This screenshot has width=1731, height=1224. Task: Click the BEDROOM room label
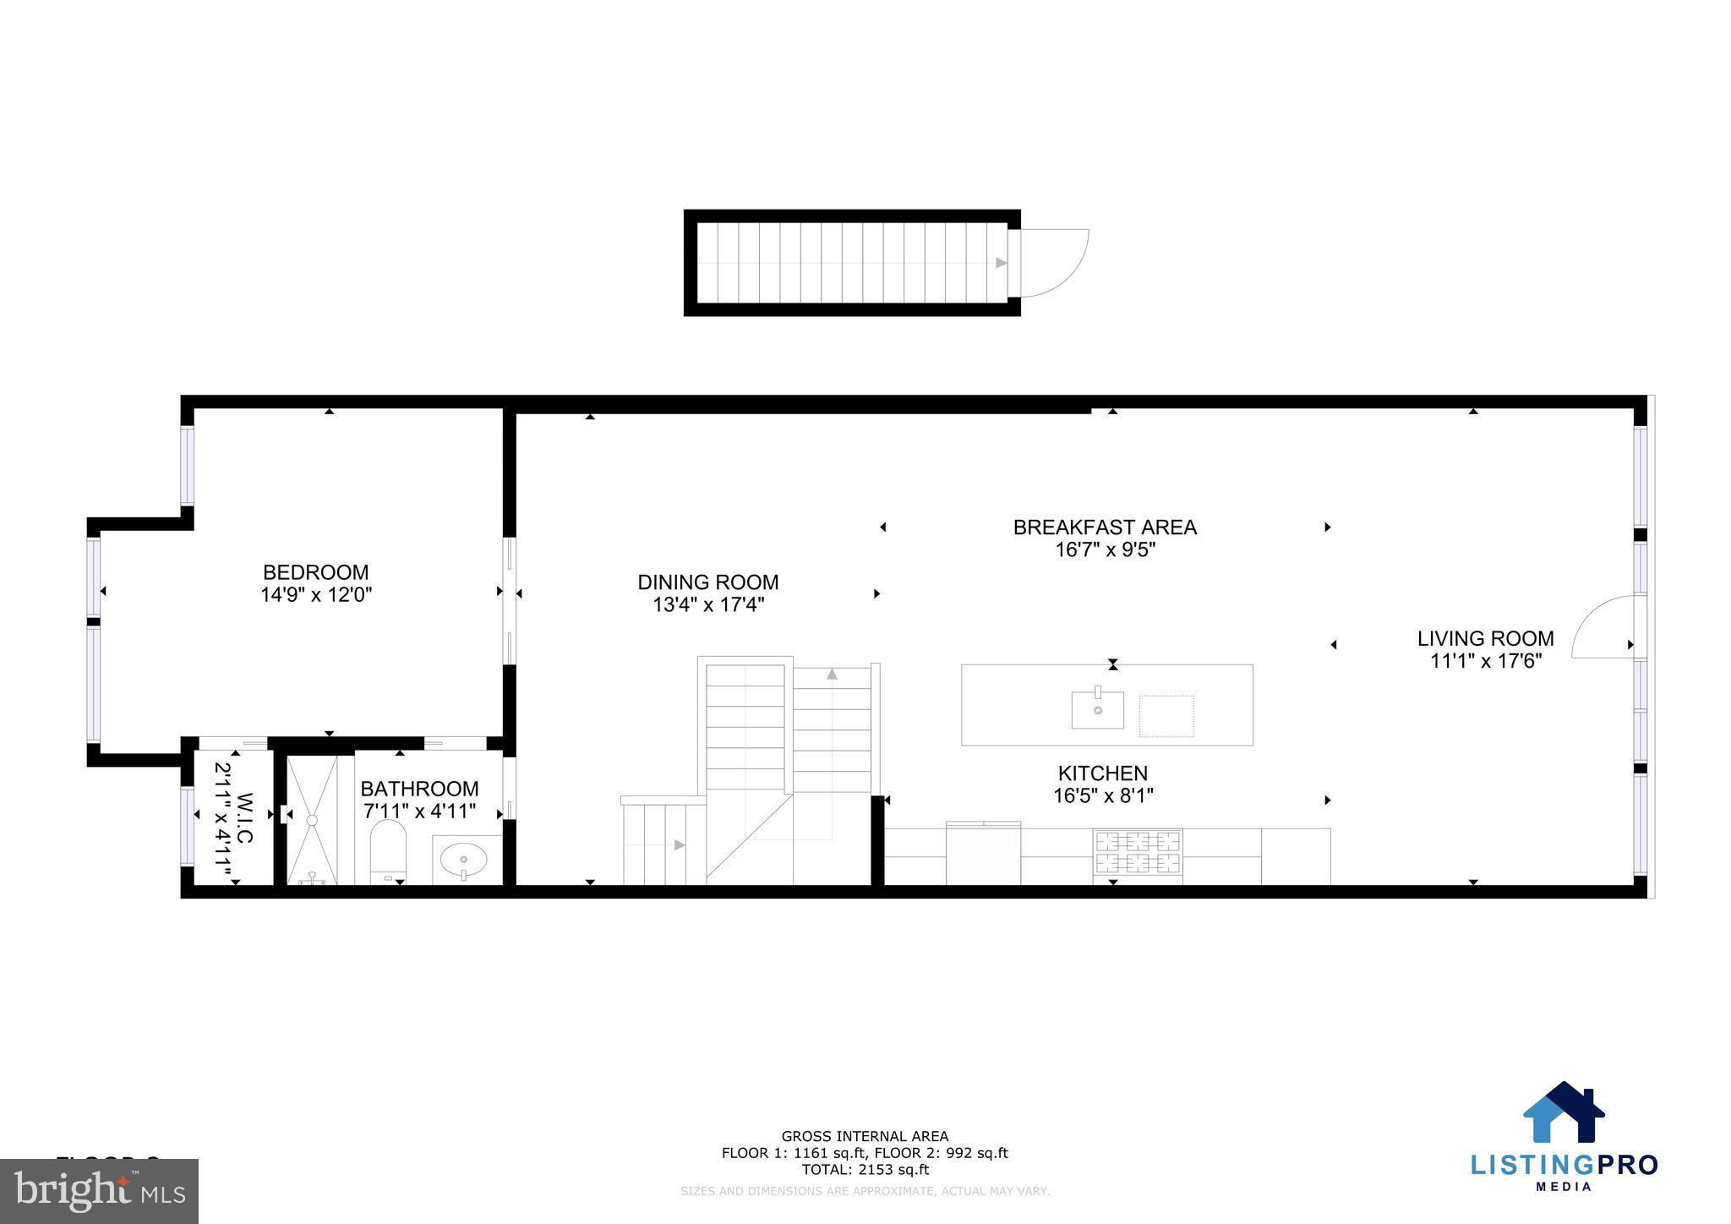pos(315,572)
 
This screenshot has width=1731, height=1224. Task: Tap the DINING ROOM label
pos(707,582)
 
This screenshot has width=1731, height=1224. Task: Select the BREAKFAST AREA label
pos(1105,527)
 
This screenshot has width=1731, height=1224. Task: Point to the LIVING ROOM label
pos(1485,639)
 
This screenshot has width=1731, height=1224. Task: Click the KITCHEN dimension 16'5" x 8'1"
pos(1103,795)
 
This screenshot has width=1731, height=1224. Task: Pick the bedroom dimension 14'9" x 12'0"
pos(315,595)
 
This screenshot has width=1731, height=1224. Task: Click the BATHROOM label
pos(419,789)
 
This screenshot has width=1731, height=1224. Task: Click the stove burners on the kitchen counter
pos(1137,851)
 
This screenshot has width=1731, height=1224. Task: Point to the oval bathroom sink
pos(463,860)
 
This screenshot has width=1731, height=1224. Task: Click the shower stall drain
pos(311,819)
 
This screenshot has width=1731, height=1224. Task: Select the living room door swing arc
pos(1603,626)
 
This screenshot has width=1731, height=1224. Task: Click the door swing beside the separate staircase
pos(1054,263)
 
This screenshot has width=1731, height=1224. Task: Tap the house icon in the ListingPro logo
pos(1563,1113)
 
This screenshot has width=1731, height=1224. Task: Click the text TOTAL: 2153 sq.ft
pos(865,1170)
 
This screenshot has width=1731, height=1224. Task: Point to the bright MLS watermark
pos(99,1190)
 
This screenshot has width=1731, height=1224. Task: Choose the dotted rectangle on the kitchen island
pos(1166,716)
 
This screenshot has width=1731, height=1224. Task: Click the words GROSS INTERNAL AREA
pos(865,1136)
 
